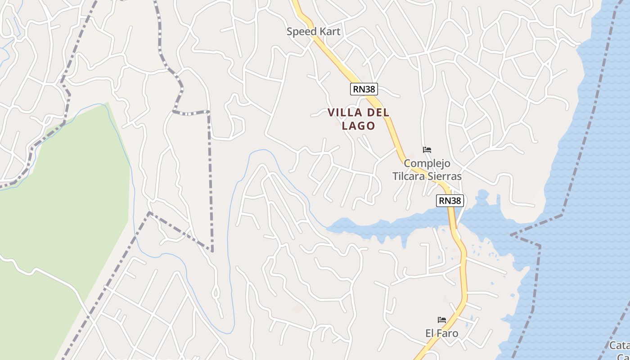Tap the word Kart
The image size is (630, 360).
pos(329,31)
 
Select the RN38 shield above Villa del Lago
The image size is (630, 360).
pos(364,89)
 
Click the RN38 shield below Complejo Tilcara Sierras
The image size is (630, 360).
pos(450,201)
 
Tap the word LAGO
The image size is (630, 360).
pos(358,126)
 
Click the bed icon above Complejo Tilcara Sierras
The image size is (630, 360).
pos(427,150)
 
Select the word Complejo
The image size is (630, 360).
pos(427,163)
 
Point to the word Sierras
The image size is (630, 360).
pos(445,176)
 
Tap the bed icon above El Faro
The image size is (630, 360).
pos(442,320)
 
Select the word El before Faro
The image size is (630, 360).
pos(430,333)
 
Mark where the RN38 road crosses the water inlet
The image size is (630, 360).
pos(452,220)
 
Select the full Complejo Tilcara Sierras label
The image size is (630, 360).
pos(427,170)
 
